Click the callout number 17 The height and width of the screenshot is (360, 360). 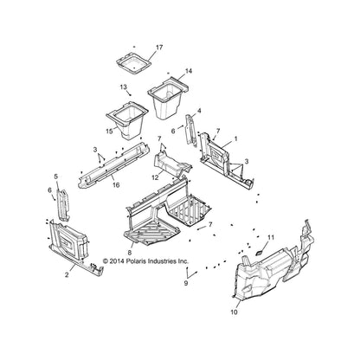click(x=159, y=48)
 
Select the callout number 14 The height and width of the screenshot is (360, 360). click(x=189, y=71)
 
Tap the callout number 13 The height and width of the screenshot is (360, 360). click(x=124, y=87)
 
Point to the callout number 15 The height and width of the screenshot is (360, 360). click(x=109, y=132)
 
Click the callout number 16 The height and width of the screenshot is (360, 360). click(x=116, y=185)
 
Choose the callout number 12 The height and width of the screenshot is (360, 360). click(x=155, y=177)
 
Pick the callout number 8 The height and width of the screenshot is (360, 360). click(x=130, y=253)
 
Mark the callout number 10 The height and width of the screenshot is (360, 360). click(x=234, y=312)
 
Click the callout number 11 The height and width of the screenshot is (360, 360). click(x=271, y=238)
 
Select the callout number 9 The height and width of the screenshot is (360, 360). click(x=186, y=283)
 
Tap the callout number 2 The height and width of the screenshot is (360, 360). click(x=67, y=275)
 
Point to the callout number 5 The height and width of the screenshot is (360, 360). click(x=56, y=176)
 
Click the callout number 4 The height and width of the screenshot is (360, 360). click(x=199, y=111)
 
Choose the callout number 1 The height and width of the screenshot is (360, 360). click(x=235, y=139)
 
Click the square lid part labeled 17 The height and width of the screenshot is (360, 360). click(x=134, y=63)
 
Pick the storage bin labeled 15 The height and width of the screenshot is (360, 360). click(x=127, y=120)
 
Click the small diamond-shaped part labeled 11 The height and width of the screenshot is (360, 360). click(x=260, y=253)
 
